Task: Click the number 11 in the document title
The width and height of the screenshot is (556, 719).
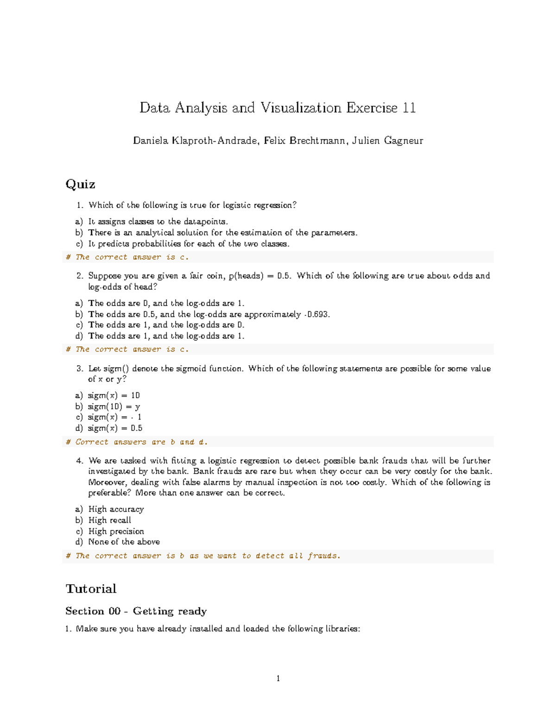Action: pos(409,108)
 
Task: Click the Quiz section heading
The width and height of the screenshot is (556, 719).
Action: pos(80,184)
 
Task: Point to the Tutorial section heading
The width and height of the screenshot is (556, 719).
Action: pos(91,588)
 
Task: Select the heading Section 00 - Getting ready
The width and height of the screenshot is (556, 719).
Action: pos(136,611)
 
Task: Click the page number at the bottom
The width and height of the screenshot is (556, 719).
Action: pos(278,679)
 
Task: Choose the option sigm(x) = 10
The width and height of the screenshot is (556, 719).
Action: pos(114,395)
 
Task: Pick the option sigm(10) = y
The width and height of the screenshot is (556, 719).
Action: pos(114,406)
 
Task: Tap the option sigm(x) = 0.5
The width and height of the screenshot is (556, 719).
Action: pos(115,428)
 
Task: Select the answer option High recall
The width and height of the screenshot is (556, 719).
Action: pos(109,520)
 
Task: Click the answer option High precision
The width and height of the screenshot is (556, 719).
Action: pos(116,531)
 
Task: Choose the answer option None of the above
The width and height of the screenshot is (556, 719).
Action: pos(124,542)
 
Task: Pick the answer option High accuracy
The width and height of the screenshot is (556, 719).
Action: pos(116,509)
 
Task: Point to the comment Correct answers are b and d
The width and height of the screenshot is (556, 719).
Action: pos(137,442)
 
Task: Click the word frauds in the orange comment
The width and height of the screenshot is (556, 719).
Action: pos(323,556)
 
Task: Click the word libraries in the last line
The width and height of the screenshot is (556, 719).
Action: pos(342,629)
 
